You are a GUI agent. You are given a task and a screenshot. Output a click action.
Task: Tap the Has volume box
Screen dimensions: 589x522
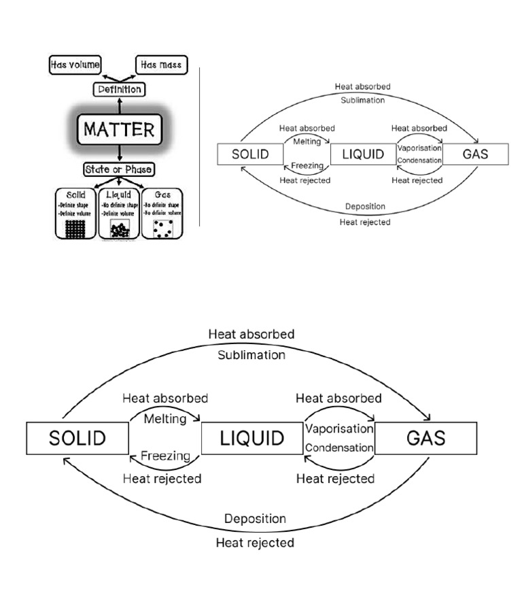click(x=75, y=65)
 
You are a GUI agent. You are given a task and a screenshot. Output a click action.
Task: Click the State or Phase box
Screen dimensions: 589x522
click(x=118, y=169)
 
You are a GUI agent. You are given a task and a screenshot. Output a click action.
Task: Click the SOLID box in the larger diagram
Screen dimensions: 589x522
click(x=77, y=438)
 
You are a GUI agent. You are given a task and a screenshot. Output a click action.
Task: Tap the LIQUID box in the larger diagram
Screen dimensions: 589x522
click(x=252, y=438)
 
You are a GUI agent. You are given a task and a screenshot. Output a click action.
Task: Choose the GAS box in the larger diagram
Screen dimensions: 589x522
click(x=426, y=438)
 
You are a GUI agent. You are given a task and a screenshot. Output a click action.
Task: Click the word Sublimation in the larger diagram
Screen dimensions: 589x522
click(x=251, y=354)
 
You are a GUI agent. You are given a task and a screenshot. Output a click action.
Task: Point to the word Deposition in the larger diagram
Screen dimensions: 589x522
click(x=255, y=519)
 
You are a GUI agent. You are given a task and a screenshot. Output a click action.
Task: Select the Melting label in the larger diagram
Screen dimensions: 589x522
click(x=164, y=419)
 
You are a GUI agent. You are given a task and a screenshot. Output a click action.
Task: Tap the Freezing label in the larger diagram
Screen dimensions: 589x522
click(x=165, y=456)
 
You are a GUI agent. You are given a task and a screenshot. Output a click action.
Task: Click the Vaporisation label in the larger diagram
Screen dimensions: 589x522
click(x=339, y=429)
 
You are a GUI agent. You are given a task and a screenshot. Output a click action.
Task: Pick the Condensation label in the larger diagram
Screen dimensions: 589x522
click(x=339, y=448)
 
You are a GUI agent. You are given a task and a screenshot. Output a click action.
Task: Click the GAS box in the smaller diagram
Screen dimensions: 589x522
click(x=475, y=153)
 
